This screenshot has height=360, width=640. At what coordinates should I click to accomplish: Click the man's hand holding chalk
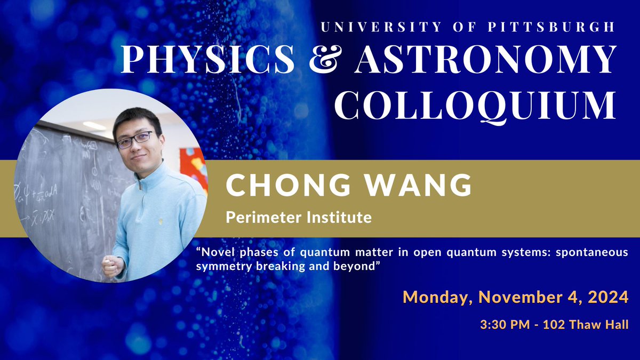(x=112, y=265)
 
